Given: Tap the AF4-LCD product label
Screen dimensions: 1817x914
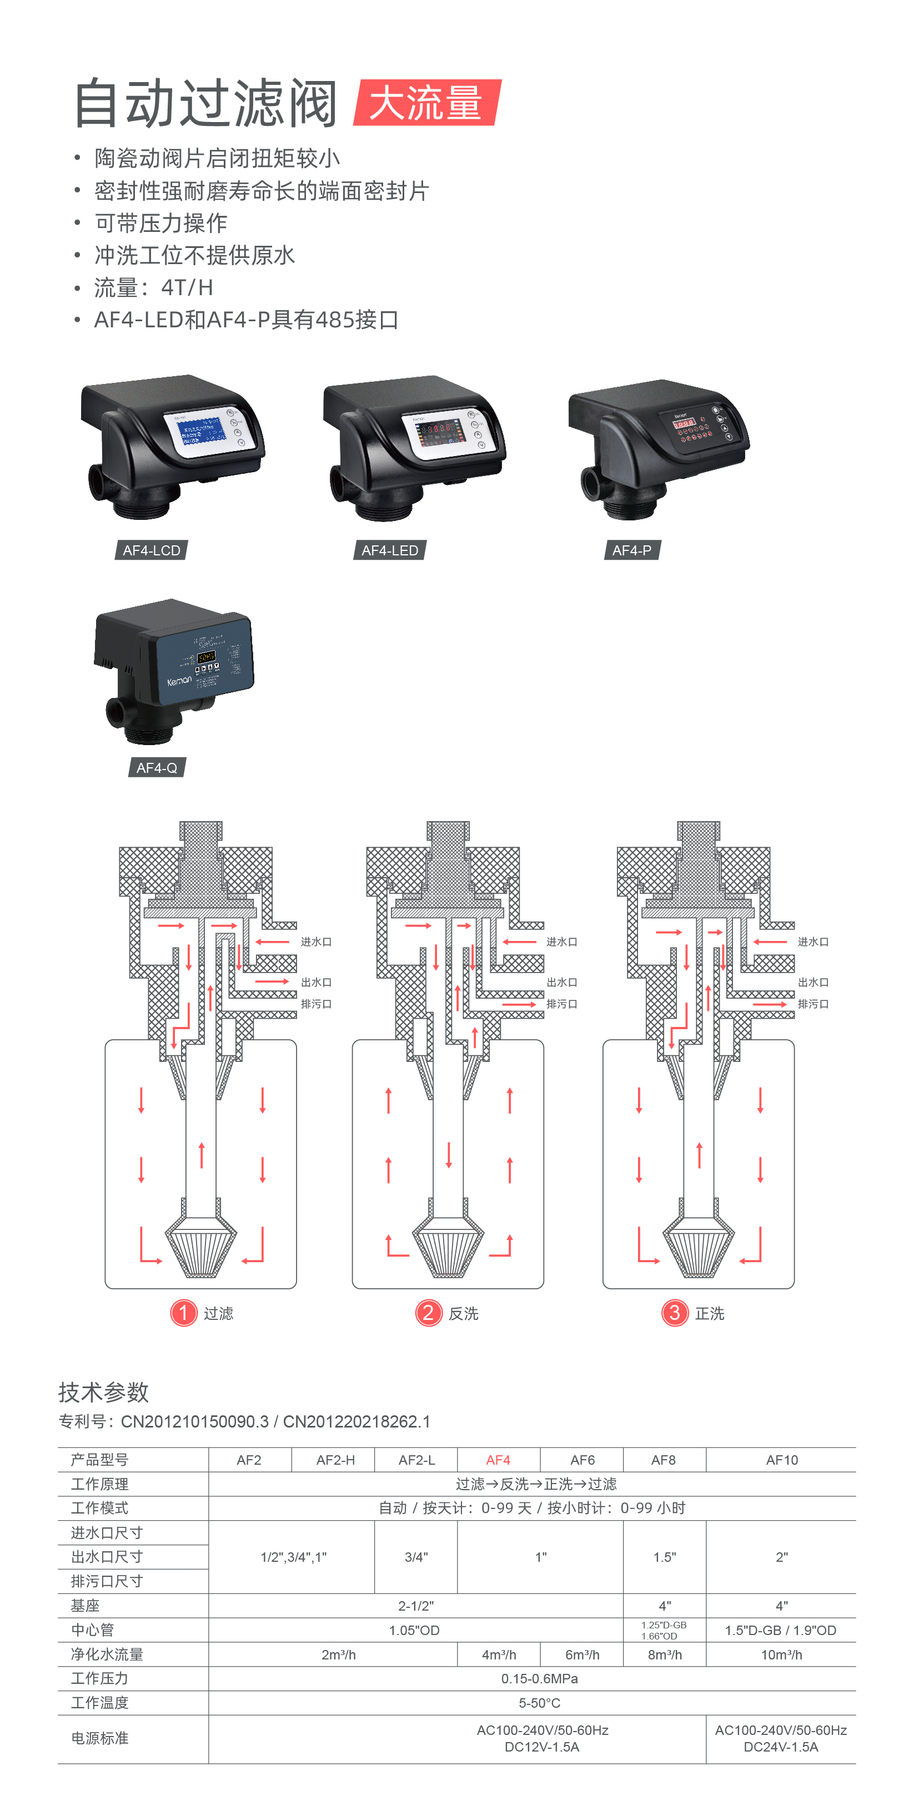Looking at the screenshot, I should (151, 550).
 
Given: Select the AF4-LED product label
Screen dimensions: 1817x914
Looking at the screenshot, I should (390, 550).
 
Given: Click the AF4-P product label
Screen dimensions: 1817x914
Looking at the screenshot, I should (632, 550).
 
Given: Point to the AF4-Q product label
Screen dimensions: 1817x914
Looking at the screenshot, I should (157, 767).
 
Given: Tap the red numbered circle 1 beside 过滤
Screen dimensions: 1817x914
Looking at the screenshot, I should (183, 1313).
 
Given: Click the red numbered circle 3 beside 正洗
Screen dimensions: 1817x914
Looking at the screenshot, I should (674, 1313).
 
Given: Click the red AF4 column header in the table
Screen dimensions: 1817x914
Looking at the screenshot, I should (498, 1460).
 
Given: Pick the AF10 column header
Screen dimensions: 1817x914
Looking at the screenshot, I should (781, 1460).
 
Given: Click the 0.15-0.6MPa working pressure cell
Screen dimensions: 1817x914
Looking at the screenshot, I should (539, 1679).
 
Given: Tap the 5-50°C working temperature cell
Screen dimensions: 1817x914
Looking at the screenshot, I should (539, 1703).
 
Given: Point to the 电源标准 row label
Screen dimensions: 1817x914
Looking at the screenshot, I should (99, 1738).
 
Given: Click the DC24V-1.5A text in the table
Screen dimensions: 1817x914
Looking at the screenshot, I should (781, 1747).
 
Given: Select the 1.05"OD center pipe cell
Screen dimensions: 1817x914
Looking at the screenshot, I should (414, 1630).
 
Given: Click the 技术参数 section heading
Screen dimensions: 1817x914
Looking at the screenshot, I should (104, 1393).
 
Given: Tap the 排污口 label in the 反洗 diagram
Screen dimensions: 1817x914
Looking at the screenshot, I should (562, 1004).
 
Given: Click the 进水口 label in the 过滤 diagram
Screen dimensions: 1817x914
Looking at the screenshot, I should (316, 942).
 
